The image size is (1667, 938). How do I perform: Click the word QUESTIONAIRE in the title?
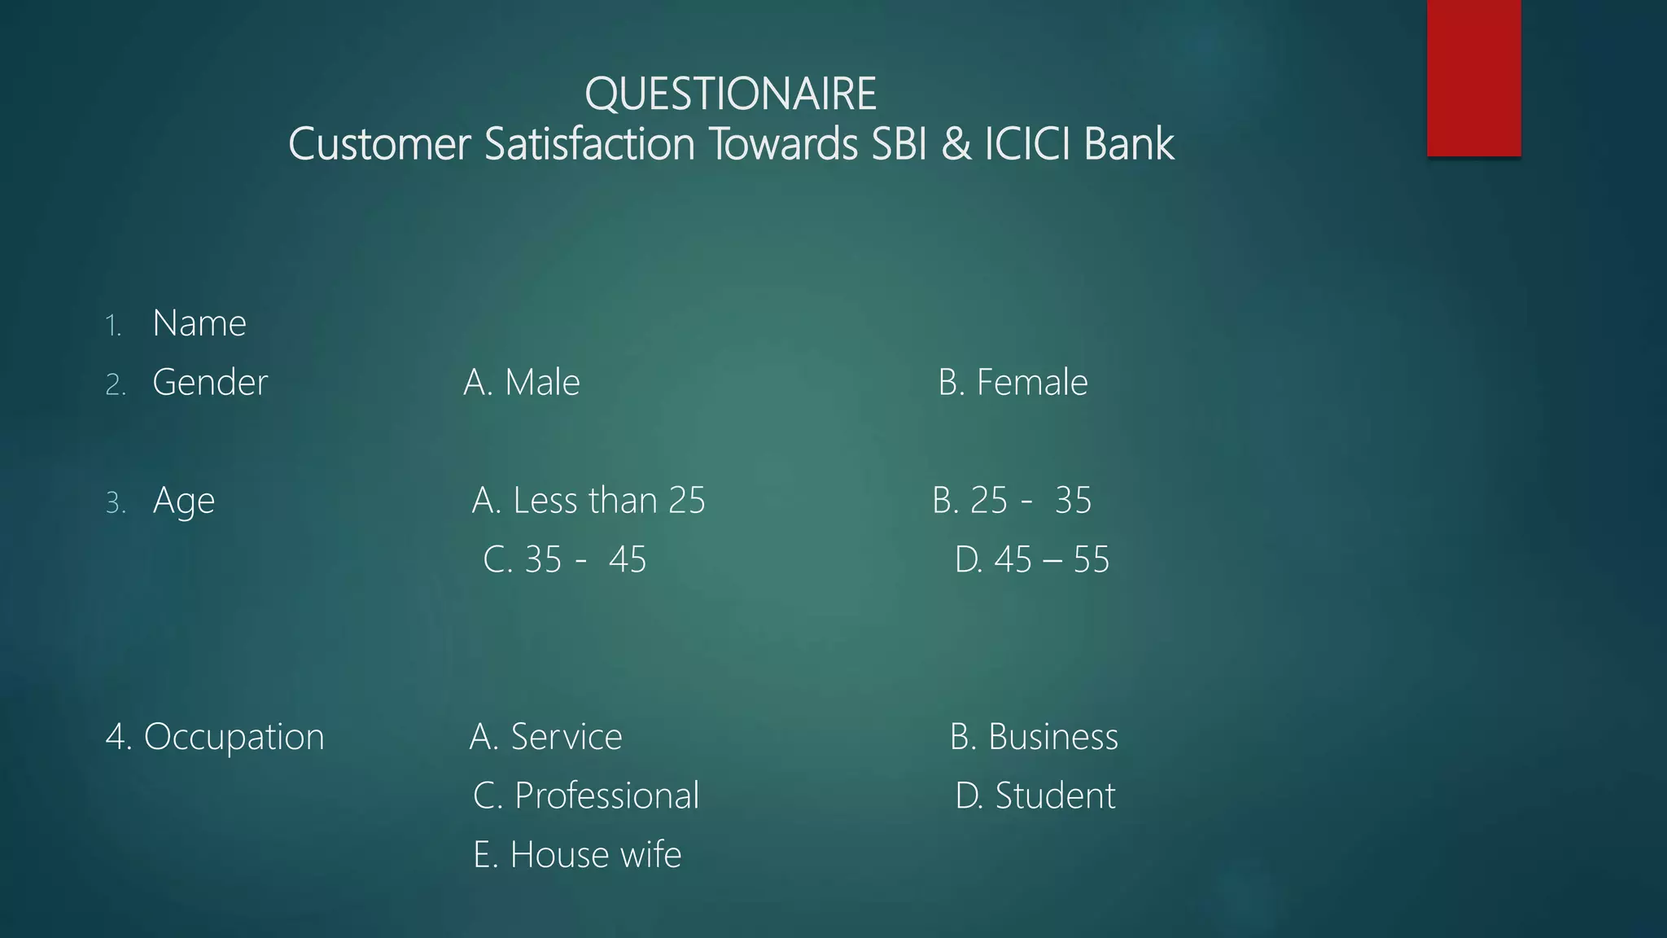[x=730, y=94]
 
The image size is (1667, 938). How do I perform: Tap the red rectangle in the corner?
[x=1473, y=77]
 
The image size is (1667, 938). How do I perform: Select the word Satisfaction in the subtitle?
[x=589, y=144]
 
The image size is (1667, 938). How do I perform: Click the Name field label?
[x=199, y=323]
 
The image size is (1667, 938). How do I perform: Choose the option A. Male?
[x=522, y=382]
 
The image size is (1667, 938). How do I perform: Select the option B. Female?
[x=1013, y=382]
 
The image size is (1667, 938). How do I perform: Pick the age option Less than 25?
[x=588, y=500]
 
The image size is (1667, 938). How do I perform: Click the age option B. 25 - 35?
[x=1012, y=500]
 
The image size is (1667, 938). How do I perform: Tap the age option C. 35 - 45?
[x=565, y=559]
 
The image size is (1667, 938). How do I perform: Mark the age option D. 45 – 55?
[x=1031, y=559]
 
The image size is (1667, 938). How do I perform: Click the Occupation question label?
[x=215, y=737]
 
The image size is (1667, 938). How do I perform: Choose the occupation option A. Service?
[x=546, y=737]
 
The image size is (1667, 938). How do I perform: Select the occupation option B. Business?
[x=1034, y=737]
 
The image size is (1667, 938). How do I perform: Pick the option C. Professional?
[x=586, y=796]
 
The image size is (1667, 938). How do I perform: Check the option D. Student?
[x=1035, y=796]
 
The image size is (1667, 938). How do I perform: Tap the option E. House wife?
[x=577, y=855]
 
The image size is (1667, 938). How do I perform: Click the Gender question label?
[x=210, y=382]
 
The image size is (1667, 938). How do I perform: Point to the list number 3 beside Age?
[x=115, y=503]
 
